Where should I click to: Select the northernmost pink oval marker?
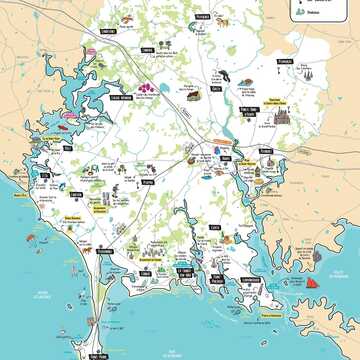[x=100, y=65]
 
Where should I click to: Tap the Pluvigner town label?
[x=203, y=17]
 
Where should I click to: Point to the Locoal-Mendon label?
[x=121, y=98]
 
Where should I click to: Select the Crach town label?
[x=214, y=228]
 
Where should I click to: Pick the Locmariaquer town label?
[x=251, y=280]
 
